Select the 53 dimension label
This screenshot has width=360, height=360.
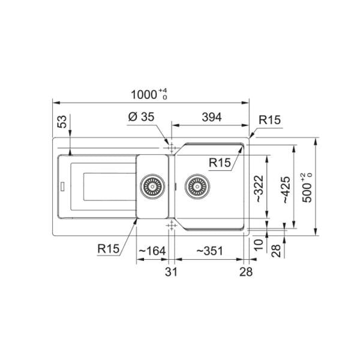(61, 123)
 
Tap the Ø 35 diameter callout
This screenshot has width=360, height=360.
(141, 118)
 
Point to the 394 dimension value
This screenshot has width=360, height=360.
(211, 118)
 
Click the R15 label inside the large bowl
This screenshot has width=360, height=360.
(220, 162)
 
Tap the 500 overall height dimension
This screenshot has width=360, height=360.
(307, 187)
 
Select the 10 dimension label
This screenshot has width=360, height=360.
(259, 244)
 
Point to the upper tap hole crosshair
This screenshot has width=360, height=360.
(171, 146)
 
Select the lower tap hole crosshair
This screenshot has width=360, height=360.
(171, 224)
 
